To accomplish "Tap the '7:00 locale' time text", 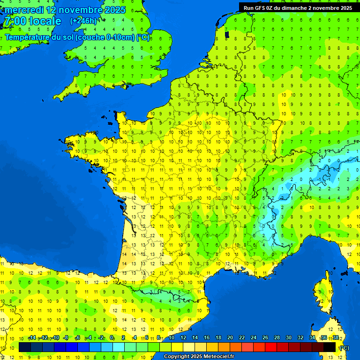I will point(32,21).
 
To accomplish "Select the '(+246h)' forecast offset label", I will point(83,21).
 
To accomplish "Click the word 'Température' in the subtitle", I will point(29,37).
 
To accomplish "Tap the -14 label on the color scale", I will point(32,338).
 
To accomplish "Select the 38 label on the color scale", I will point(336,338).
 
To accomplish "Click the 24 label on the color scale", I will point(254,338).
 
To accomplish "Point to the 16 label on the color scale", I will point(207,338).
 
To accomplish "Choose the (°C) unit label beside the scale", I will point(344,348).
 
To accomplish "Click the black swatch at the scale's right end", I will point(330,347).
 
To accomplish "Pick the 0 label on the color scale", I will point(112,338).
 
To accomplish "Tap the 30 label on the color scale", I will point(289,338).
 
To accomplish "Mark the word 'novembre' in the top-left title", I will point(82,10).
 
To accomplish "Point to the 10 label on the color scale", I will point(172,338).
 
